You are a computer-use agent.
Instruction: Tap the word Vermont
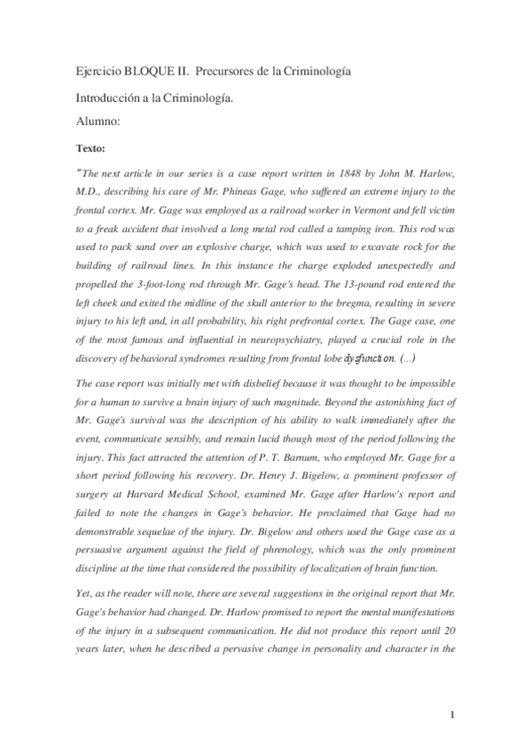click(332, 208)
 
